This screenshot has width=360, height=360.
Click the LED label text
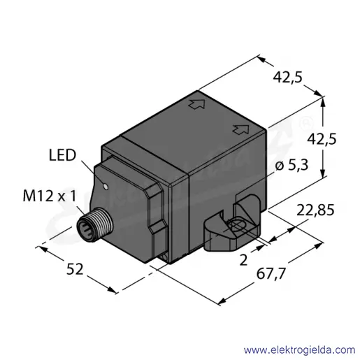point(62,155)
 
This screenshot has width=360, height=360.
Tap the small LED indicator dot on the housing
point(106,187)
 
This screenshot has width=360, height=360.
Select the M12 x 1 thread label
point(50,196)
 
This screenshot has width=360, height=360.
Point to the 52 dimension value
point(75,269)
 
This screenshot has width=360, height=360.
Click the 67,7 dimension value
point(271,273)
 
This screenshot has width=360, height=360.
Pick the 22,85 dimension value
point(315,210)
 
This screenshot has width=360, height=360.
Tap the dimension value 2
point(243,260)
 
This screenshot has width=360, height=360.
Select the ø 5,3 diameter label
point(291,165)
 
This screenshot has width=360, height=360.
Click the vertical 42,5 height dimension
point(322,140)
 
